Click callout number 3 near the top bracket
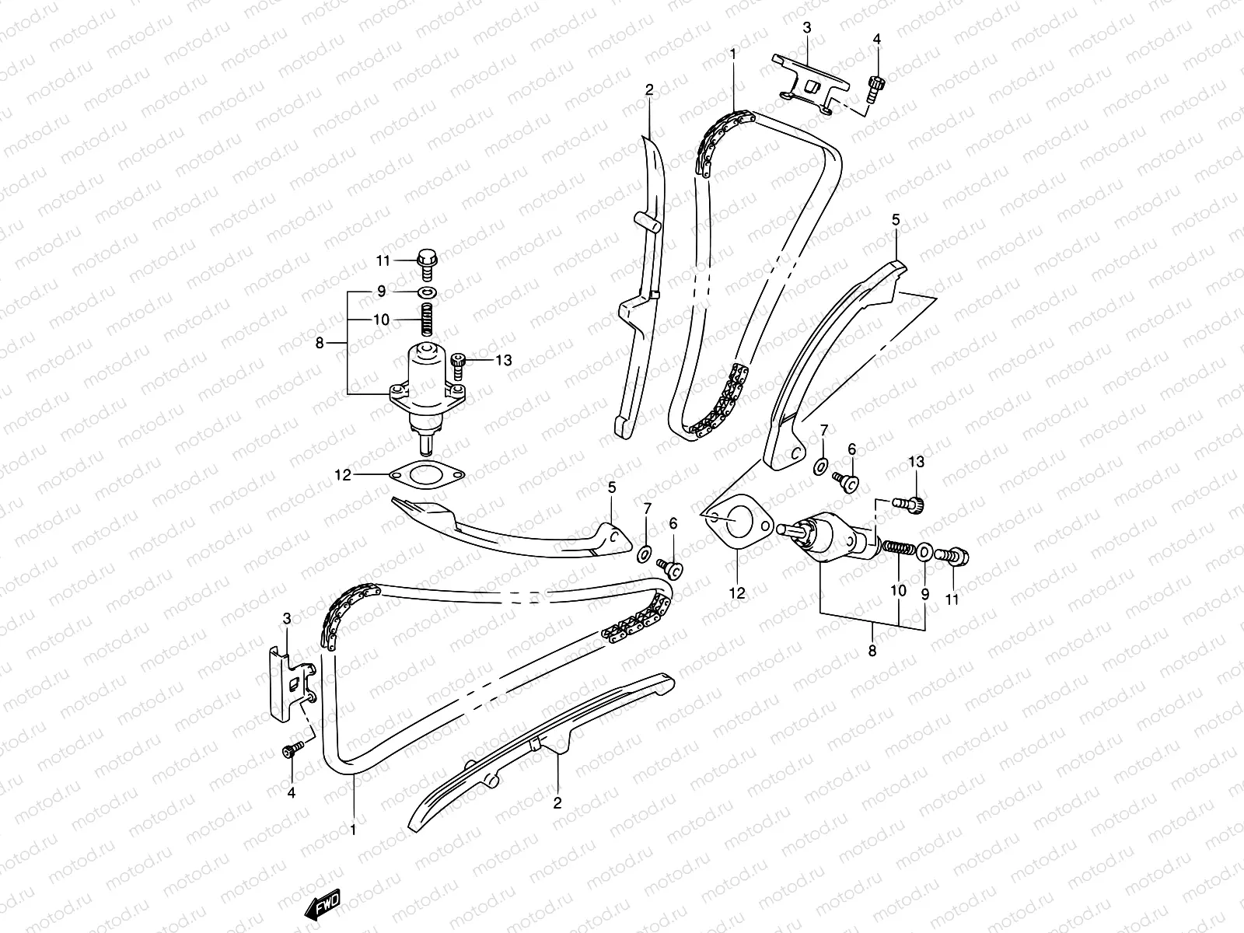(x=807, y=28)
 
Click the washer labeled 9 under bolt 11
(x=427, y=292)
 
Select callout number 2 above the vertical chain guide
(x=649, y=90)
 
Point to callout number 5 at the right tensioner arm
(x=896, y=221)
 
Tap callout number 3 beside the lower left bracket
(x=287, y=619)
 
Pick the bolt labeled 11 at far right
(x=955, y=555)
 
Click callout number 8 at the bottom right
(x=872, y=651)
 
